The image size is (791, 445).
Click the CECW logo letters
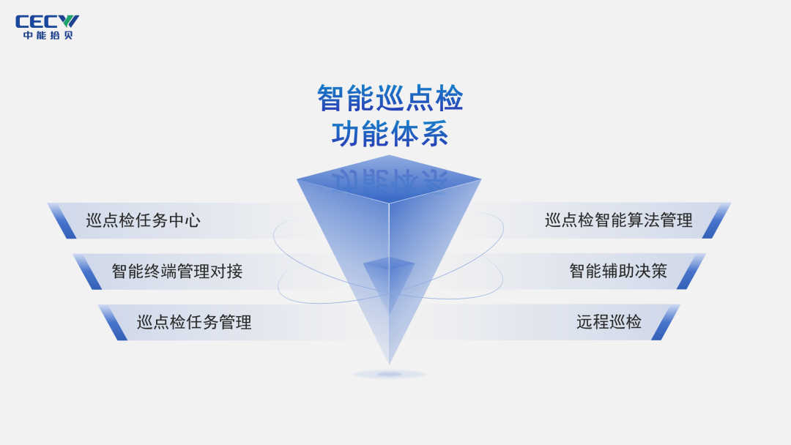coord(48,21)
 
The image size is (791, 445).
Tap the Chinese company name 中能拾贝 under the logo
coord(48,35)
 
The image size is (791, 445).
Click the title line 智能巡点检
coord(390,98)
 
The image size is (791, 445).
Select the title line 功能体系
coord(390,135)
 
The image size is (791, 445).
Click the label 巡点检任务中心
coord(143,220)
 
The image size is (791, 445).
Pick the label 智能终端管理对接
coord(177,272)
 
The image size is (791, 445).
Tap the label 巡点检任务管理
coord(194,322)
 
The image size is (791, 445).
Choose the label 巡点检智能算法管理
coord(619,220)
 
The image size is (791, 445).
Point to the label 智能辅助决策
coord(618,271)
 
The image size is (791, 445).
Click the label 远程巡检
coord(609,322)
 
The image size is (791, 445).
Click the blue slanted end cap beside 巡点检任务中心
coord(62,220)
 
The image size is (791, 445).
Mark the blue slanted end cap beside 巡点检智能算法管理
coord(716,220)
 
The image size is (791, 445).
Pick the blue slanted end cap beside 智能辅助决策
coord(691,271)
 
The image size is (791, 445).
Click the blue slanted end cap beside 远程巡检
coord(665,322)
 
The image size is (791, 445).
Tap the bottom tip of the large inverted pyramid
coord(389,359)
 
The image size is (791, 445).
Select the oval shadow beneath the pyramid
coord(389,375)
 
